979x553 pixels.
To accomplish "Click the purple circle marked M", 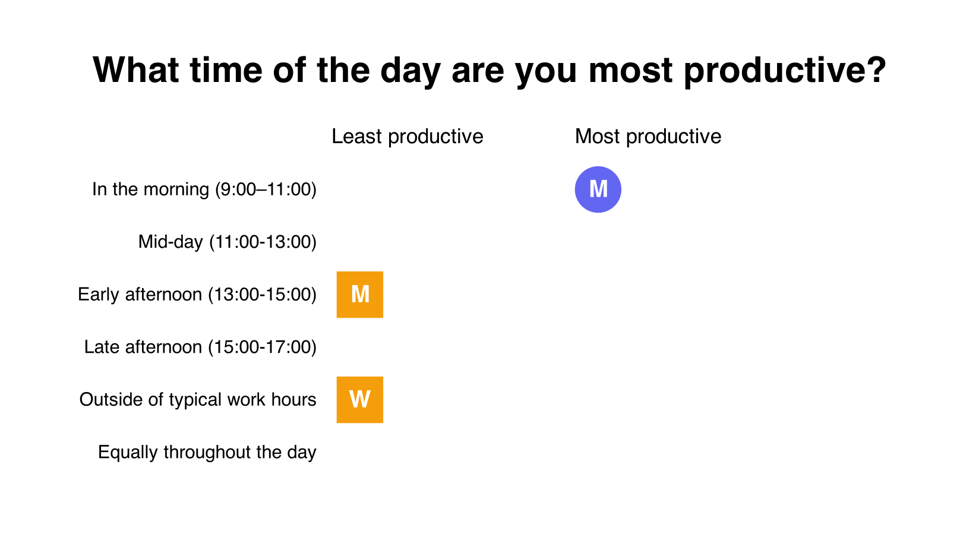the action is tap(598, 189).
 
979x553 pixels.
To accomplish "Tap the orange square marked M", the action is tap(359, 295).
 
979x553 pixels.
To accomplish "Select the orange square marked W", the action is tap(359, 400).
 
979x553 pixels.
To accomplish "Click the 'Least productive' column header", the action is tap(408, 137).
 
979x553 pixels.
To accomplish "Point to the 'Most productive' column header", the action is tap(648, 137).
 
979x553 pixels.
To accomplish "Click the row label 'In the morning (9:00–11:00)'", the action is tap(204, 189).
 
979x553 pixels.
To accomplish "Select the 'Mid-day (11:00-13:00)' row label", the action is tap(228, 242).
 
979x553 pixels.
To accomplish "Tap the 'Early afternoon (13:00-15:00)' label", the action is tap(197, 295).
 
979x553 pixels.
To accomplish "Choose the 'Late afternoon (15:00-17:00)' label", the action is tap(200, 347).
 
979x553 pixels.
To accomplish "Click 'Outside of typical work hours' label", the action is tap(198, 400).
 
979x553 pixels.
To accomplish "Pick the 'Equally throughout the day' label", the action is tap(207, 452).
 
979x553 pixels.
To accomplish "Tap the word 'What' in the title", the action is tap(136, 70).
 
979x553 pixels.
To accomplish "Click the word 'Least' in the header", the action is tap(356, 137).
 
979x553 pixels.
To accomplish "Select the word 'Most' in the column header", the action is tap(597, 137).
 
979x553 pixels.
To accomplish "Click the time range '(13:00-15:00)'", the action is tap(262, 295).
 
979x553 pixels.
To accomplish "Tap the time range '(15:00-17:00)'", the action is tap(262, 347).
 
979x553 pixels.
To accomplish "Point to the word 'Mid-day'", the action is tap(170, 242).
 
